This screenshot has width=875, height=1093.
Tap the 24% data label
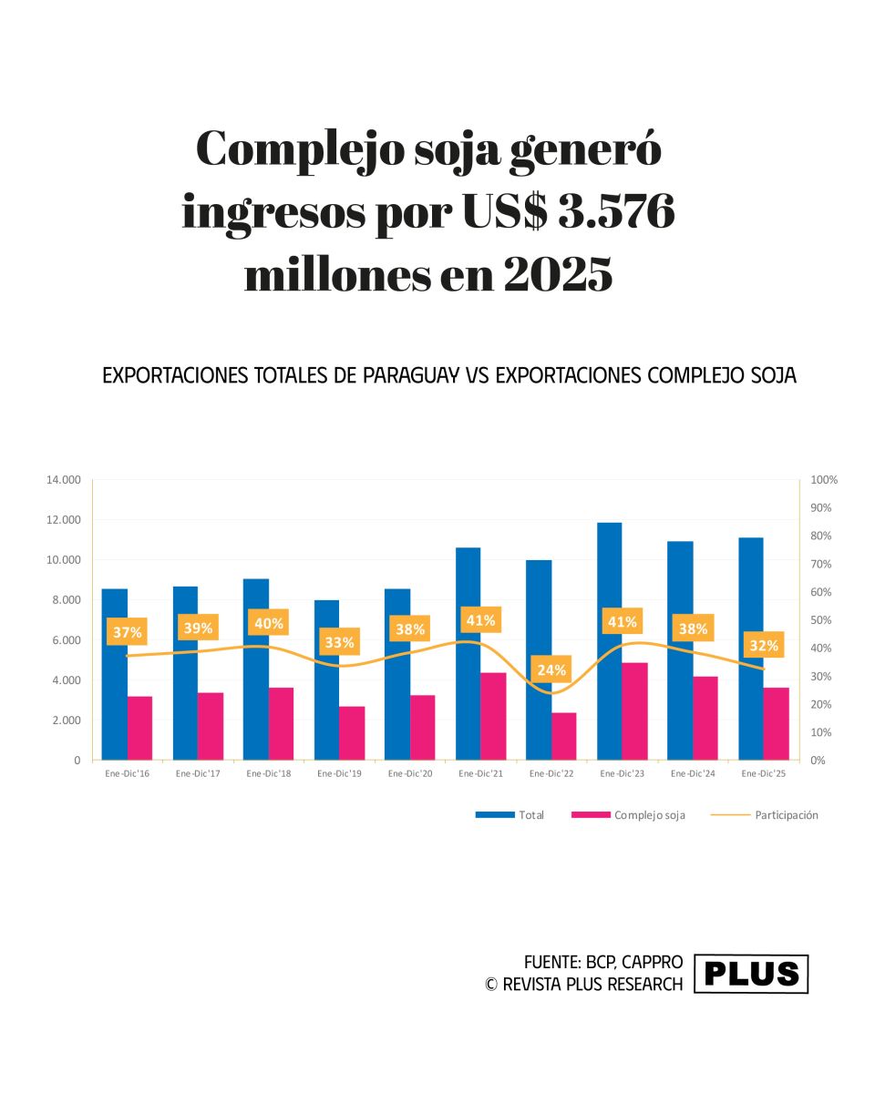551,670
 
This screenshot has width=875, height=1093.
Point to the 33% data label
339,642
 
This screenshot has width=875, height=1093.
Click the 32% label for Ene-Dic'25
764,646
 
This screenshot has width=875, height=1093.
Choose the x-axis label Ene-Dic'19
340,774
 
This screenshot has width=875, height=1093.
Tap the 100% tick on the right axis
824,480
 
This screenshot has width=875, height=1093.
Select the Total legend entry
510,815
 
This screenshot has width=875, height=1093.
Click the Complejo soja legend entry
628,815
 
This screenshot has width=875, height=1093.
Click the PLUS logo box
751,974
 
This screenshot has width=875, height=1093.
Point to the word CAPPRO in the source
652,963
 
